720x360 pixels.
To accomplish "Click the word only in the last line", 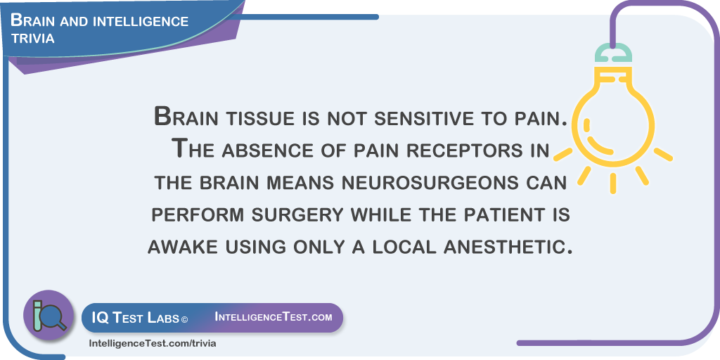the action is [313, 247].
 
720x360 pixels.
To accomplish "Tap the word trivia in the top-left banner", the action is [33, 39].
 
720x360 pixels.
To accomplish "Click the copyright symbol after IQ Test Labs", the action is [185, 319].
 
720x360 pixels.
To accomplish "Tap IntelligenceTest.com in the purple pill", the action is [274, 317].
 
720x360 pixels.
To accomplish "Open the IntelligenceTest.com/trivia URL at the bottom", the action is [152, 343].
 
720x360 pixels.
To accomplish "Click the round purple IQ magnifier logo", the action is [49, 315].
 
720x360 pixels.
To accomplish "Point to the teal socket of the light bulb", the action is [613, 53].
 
